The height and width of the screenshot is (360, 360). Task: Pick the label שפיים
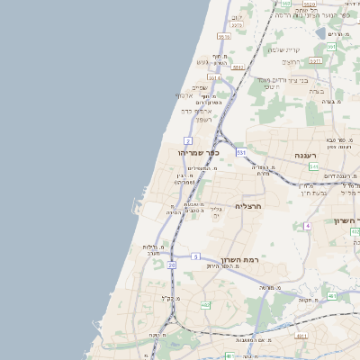[200, 87]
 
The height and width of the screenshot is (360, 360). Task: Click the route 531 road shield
[241, 153]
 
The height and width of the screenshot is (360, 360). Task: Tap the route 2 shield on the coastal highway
[187, 141]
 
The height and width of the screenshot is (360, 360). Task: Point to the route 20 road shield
[171, 265]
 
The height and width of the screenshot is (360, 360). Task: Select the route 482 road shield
[205, 304]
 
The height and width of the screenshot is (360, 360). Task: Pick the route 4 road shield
[307, 225]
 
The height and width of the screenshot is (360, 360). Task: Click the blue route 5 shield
[195, 257]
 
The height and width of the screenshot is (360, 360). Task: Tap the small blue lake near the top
[322, 33]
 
